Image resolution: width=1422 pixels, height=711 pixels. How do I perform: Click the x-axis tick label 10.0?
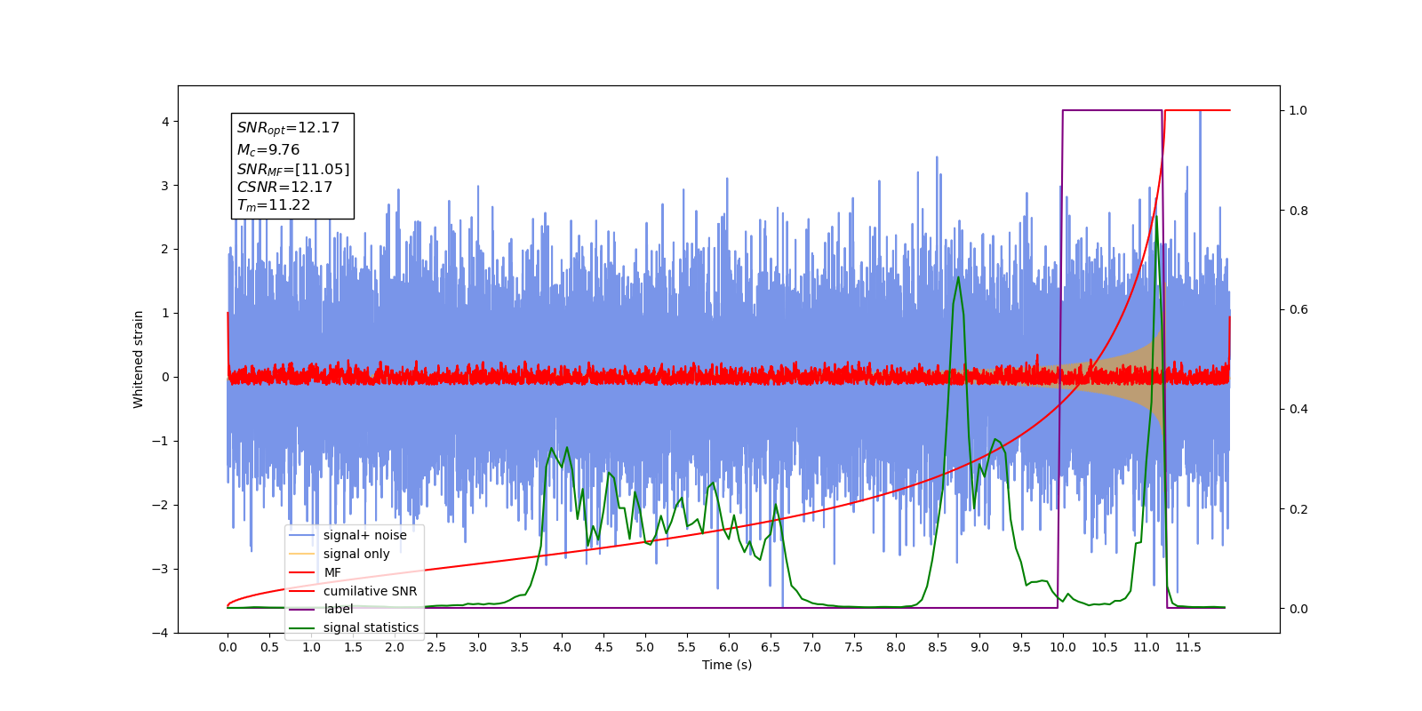click(x=1063, y=647)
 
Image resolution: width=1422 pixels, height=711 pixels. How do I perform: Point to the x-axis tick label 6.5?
click(x=771, y=647)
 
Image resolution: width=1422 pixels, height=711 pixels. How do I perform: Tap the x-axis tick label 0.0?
click(x=228, y=647)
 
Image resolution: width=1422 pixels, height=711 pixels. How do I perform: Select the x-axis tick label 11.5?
click(x=1188, y=647)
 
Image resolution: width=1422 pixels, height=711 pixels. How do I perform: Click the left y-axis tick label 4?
click(x=164, y=122)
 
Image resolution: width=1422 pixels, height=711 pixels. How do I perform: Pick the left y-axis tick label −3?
click(x=161, y=569)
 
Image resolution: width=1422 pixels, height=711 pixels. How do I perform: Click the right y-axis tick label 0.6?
click(x=1298, y=310)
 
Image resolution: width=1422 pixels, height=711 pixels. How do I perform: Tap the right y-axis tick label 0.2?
click(x=1298, y=509)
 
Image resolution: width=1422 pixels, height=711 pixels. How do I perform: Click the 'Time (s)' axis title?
click(x=727, y=665)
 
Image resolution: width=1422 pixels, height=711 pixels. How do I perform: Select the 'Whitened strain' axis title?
click(x=139, y=359)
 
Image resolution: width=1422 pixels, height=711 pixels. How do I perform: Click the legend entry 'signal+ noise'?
click(x=364, y=535)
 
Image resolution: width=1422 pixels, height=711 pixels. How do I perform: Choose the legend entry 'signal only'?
click(x=356, y=554)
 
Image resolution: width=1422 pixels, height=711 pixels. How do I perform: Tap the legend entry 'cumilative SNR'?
click(x=370, y=591)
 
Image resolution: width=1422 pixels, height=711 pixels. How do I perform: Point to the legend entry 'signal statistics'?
click(x=371, y=627)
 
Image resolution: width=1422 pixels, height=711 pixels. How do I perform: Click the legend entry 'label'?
click(x=338, y=609)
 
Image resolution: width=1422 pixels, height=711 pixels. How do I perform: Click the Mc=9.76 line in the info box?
click(x=268, y=150)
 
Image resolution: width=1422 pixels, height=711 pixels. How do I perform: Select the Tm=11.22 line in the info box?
click(x=274, y=205)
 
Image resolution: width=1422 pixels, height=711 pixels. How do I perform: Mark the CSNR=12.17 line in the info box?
click(x=284, y=188)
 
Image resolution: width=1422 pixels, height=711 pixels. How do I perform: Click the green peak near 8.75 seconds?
click(x=958, y=277)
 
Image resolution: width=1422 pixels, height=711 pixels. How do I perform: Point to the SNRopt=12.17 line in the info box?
click(x=288, y=128)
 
